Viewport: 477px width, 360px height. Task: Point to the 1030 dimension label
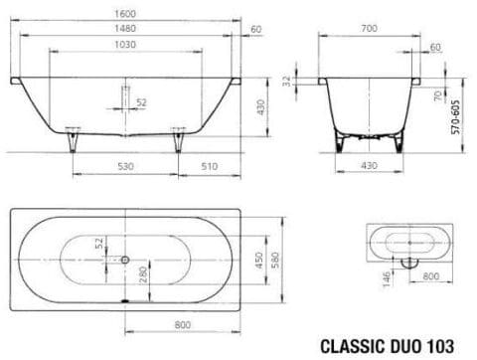click(123, 46)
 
